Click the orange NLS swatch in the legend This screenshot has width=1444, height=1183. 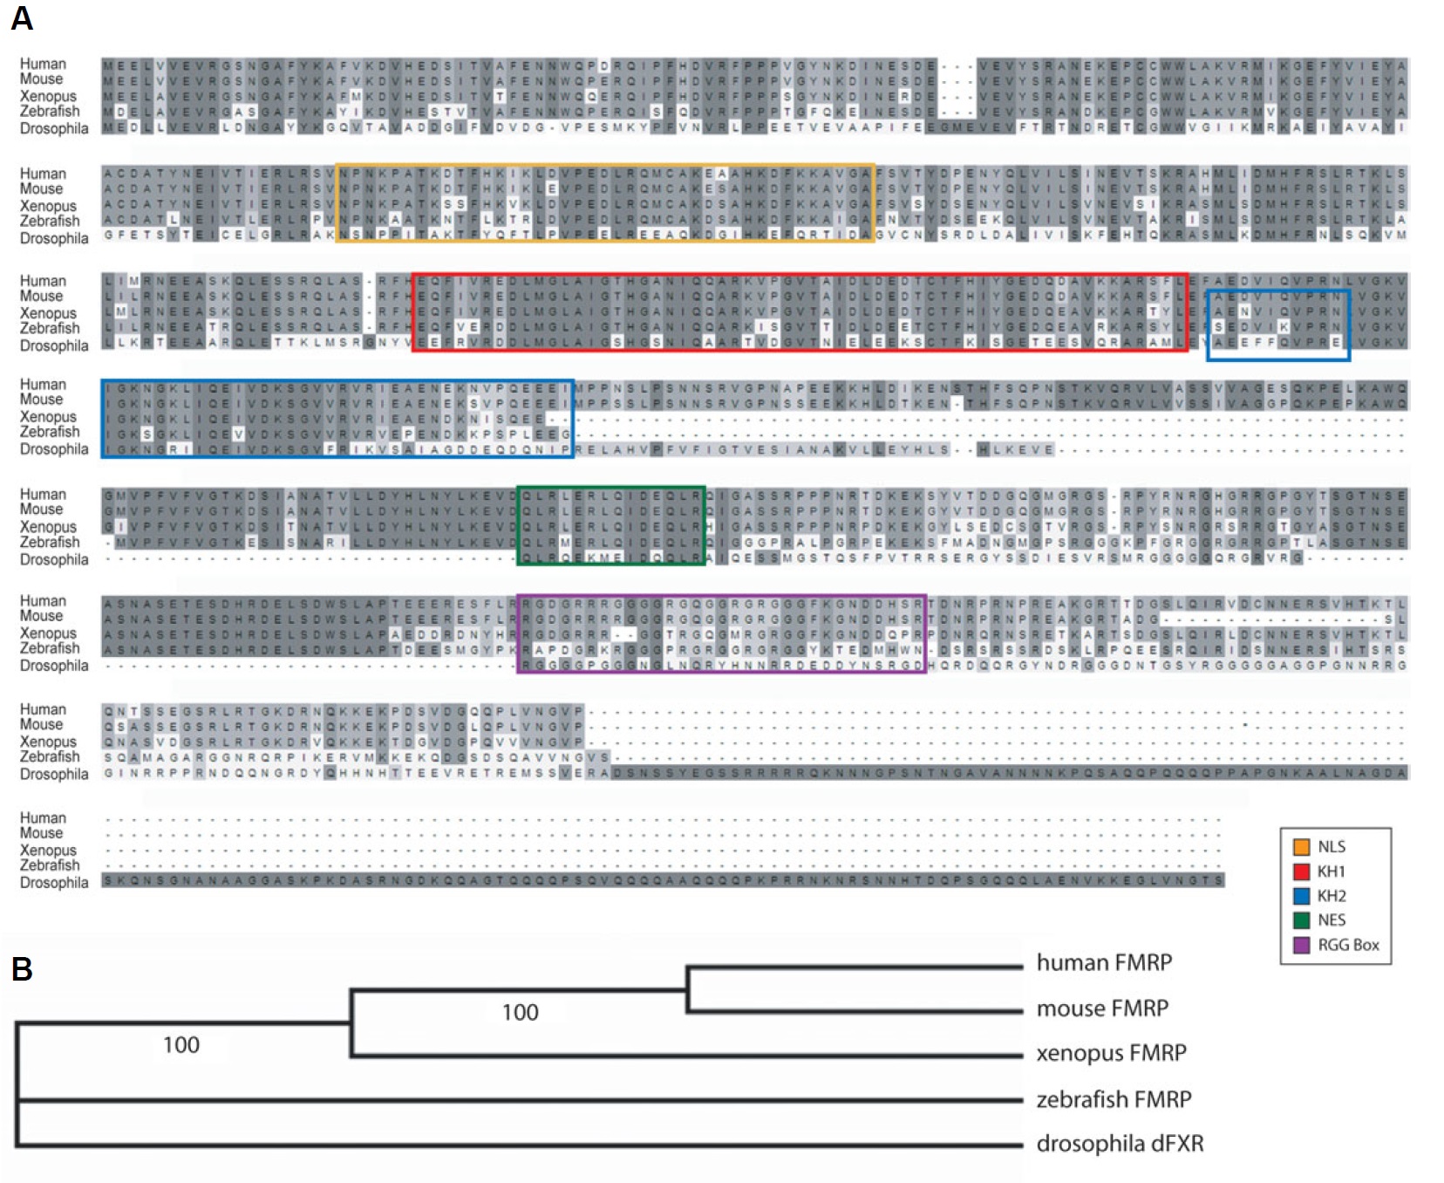coord(1301,846)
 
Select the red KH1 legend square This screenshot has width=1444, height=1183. coord(1301,871)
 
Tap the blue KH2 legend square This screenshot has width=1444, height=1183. coord(1301,895)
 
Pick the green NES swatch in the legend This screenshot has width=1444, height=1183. coord(1301,920)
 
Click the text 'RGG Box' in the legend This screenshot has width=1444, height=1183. coord(1348,945)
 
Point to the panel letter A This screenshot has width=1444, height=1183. coord(22,18)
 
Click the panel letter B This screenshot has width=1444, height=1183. coord(22,969)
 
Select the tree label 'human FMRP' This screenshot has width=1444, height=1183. coord(1104,962)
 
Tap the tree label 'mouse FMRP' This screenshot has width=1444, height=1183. coord(1102,1009)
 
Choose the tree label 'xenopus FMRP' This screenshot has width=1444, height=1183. coord(1111,1053)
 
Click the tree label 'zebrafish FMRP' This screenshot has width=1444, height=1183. coord(1114,1099)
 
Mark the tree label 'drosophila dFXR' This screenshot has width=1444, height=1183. coord(1120,1144)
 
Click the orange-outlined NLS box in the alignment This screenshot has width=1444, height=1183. coord(604,166)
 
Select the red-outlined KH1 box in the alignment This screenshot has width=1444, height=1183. coord(800,276)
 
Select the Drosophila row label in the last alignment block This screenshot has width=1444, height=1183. coord(54,882)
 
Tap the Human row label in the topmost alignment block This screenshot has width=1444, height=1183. coord(43,64)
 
